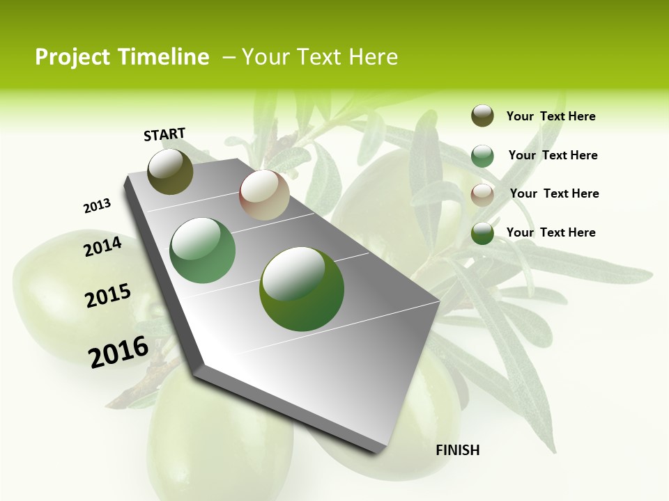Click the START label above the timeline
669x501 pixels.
pos(164,134)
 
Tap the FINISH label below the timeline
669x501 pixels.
pos(457,450)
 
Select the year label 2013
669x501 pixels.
pos(98,206)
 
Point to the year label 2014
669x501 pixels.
pos(103,246)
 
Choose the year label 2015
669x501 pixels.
pos(108,295)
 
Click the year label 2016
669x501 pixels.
pos(118,351)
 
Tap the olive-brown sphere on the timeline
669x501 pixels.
pos(170,171)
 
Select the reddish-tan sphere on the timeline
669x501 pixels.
pos(264,195)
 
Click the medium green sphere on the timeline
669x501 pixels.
pos(202,250)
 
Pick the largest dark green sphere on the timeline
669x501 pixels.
pos(302,289)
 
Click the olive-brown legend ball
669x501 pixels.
pos(482,116)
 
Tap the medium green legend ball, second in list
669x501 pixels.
pos(482,156)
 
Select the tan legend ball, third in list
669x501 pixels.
pos(482,194)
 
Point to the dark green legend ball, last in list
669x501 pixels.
pos(482,233)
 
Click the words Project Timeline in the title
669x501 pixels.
pos(122,57)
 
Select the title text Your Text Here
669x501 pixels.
pos(320,57)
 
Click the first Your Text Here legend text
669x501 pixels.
pos(551,116)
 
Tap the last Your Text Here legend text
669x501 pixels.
pos(551,232)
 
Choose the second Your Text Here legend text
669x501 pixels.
pos(553,155)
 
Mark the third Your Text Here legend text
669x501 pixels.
pos(554,193)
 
